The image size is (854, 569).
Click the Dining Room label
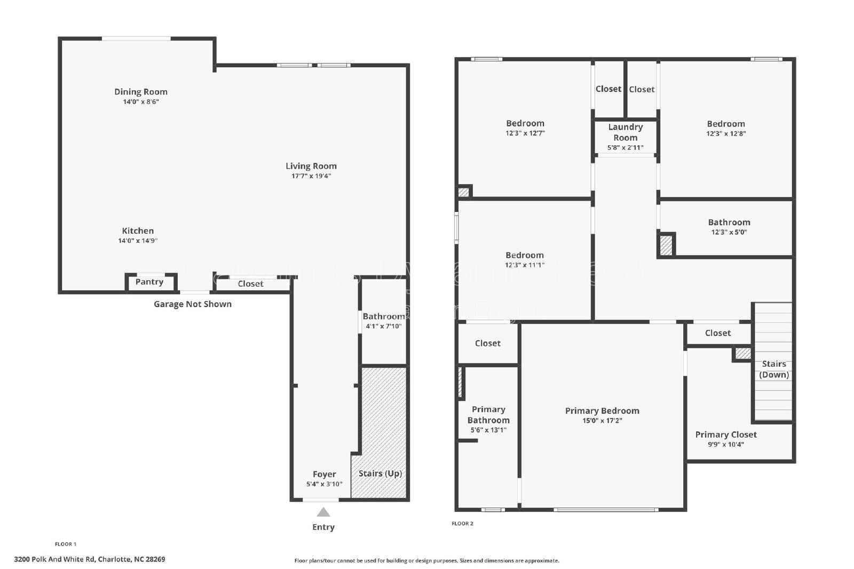pyautogui.click(x=141, y=92)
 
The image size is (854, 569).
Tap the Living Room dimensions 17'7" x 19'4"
pyautogui.click(x=311, y=176)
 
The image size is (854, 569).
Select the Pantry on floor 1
pyautogui.click(x=149, y=282)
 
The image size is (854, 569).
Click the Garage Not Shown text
pyautogui.click(x=193, y=304)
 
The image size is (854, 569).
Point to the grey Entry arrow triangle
pyautogui.click(x=323, y=513)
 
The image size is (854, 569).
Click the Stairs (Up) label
pyautogui.click(x=380, y=473)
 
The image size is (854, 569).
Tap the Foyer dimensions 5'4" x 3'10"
pyautogui.click(x=325, y=484)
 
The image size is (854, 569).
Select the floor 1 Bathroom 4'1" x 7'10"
pyautogui.click(x=383, y=321)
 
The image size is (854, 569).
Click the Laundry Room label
pyautogui.click(x=625, y=132)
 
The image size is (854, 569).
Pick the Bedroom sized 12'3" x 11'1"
pyautogui.click(x=525, y=259)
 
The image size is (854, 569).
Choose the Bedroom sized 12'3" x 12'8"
pyautogui.click(x=726, y=128)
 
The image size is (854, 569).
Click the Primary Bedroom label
pyautogui.click(x=602, y=411)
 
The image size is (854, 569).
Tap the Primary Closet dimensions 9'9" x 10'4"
pyautogui.click(x=726, y=444)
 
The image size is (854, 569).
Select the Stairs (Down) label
pyautogui.click(x=774, y=369)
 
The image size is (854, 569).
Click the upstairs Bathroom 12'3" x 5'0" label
pyautogui.click(x=729, y=223)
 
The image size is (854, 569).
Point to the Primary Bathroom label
pyautogui.click(x=488, y=415)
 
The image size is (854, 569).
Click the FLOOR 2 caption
pyautogui.click(x=462, y=524)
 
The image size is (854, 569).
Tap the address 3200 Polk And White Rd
pyautogui.click(x=90, y=559)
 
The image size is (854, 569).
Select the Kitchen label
pyautogui.click(x=138, y=231)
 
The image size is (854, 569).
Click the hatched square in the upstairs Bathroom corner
pyautogui.click(x=666, y=246)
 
